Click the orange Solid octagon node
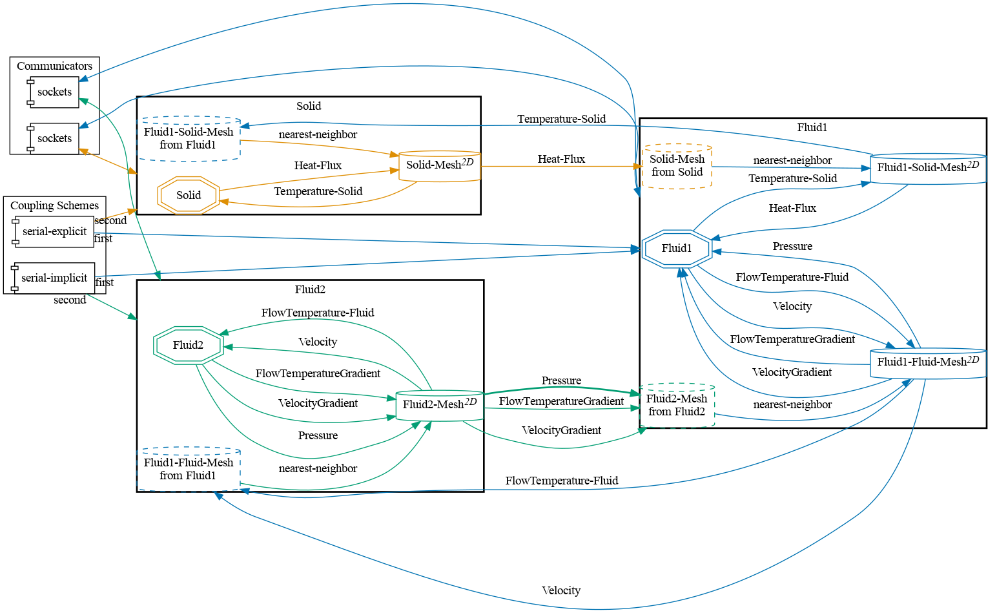[x=189, y=195]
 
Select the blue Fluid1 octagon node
[x=677, y=248]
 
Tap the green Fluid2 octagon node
[x=188, y=345]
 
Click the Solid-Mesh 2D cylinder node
[x=440, y=165]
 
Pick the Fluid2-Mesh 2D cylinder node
[x=440, y=405]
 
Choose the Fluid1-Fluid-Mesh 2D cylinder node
[x=928, y=362]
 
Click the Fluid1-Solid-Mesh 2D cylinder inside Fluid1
[x=928, y=168]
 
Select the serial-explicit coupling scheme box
[x=54, y=231]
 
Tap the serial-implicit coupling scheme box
[x=54, y=278]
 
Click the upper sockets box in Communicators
[x=54, y=92]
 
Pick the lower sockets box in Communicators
[x=54, y=138]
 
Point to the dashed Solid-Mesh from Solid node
[x=677, y=165]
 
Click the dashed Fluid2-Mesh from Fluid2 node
[x=677, y=405]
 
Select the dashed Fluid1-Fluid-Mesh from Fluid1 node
[x=189, y=469]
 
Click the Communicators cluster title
[x=54, y=66]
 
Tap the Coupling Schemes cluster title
[x=54, y=205]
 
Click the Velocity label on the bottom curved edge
[x=560, y=590]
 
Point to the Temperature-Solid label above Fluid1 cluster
[x=561, y=119]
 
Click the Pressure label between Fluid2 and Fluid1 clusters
[x=561, y=380]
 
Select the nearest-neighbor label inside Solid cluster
[x=318, y=134]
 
